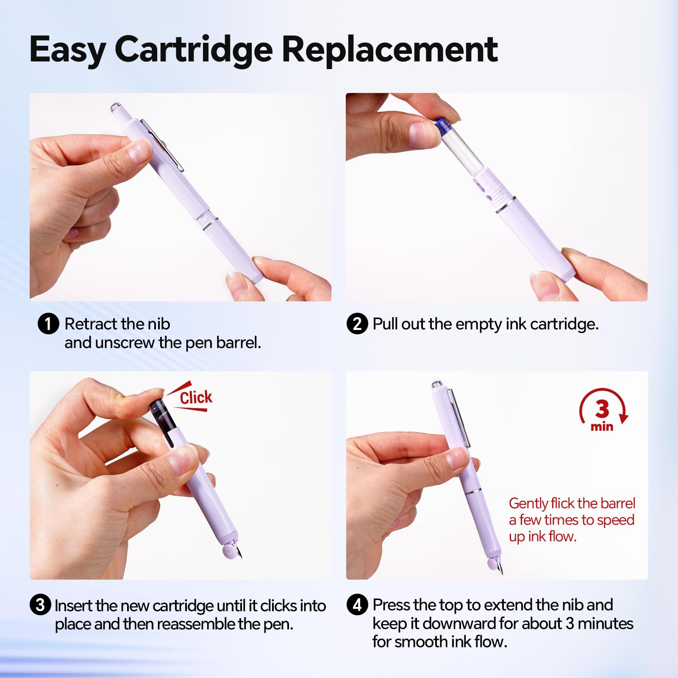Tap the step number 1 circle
coord(48,324)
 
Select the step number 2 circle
coord(357,324)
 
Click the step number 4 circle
coord(357,605)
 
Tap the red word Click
coord(196,398)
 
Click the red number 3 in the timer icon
coord(602,409)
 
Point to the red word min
coord(602,426)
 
